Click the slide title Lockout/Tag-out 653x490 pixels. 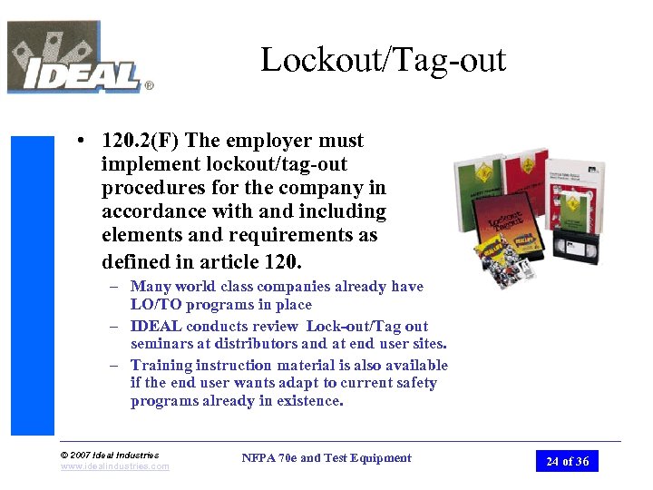pos(383,60)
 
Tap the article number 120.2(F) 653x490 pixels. pos(141,141)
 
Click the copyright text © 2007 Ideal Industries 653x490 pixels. pos(110,455)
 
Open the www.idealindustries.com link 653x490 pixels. pos(115,466)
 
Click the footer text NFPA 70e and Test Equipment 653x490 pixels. pos(326,458)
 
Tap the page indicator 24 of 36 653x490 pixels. pos(567,461)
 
